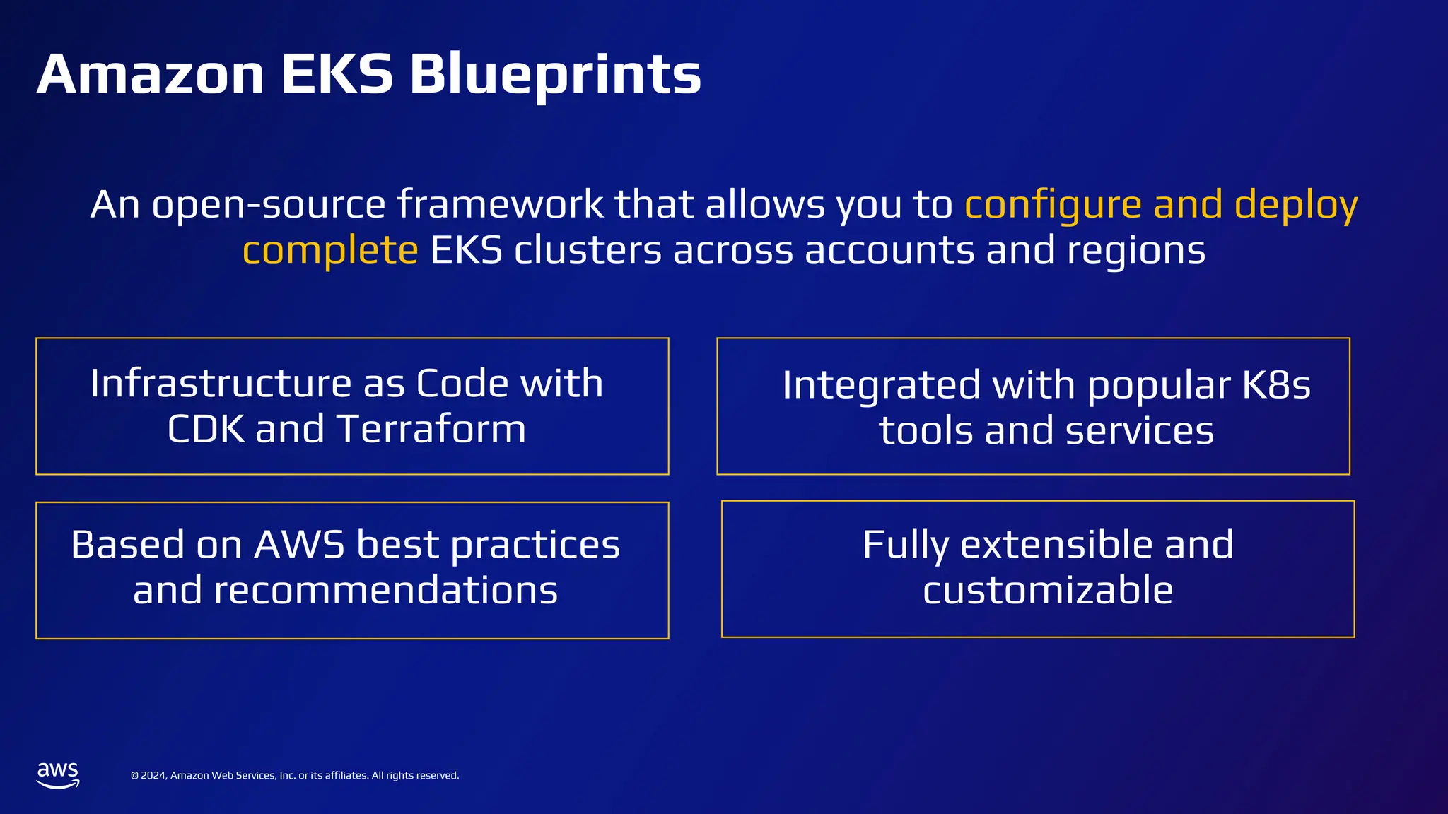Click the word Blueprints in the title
pyautogui.click(x=555, y=75)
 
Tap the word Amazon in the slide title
pyautogui.click(x=151, y=75)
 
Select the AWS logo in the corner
pyautogui.click(x=58, y=774)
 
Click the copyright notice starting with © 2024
pyautogui.click(x=295, y=775)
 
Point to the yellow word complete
pyautogui.click(x=330, y=251)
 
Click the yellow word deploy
pyautogui.click(x=1295, y=206)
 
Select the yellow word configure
pyautogui.click(x=1053, y=206)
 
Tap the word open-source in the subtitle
pyautogui.click(x=269, y=206)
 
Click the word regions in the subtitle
pyautogui.click(x=1135, y=251)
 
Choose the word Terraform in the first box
pyautogui.click(x=431, y=429)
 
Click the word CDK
pyautogui.click(x=206, y=429)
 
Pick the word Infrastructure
pyautogui.click(x=221, y=384)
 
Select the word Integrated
pyautogui.click(x=881, y=386)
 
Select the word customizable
pyautogui.click(x=1047, y=590)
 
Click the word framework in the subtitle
pyautogui.click(x=499, y=206)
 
